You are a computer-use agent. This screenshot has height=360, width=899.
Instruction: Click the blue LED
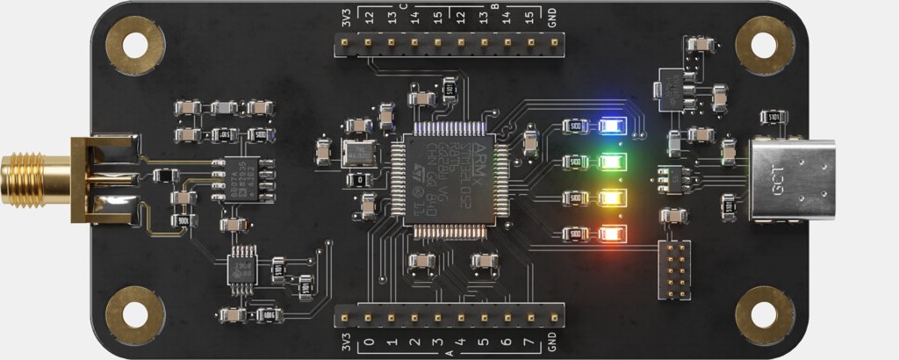click(608, 126)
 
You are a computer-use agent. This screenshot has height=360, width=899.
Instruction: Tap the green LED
click(609, 162)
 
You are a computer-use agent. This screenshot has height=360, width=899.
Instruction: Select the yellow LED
click(609, 198)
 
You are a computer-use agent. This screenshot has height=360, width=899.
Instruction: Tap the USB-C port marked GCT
click(787, 181)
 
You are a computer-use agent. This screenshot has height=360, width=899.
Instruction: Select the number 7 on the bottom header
click(529, 342)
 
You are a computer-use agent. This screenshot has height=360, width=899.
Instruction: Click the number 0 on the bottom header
click(369, 342)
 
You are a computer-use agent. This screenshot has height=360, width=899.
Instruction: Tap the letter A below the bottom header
click(449, 353)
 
